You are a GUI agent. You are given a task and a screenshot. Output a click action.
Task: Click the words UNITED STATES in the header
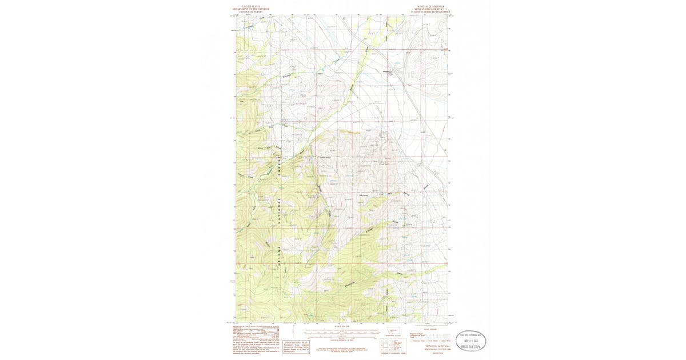tap(246, 7)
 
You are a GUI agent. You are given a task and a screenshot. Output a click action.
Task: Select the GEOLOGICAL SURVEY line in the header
tap(246, 12)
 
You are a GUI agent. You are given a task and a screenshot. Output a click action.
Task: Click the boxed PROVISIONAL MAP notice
tap(296, 346)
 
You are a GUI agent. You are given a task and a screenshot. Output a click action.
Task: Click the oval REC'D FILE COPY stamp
tap(468, 341)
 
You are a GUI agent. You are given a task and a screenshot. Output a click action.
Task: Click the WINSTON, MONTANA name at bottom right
tap(438, 346)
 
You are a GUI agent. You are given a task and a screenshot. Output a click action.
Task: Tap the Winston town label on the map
tap(386, 71)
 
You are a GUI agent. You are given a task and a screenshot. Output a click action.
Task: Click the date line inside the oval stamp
tap(468, 341)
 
